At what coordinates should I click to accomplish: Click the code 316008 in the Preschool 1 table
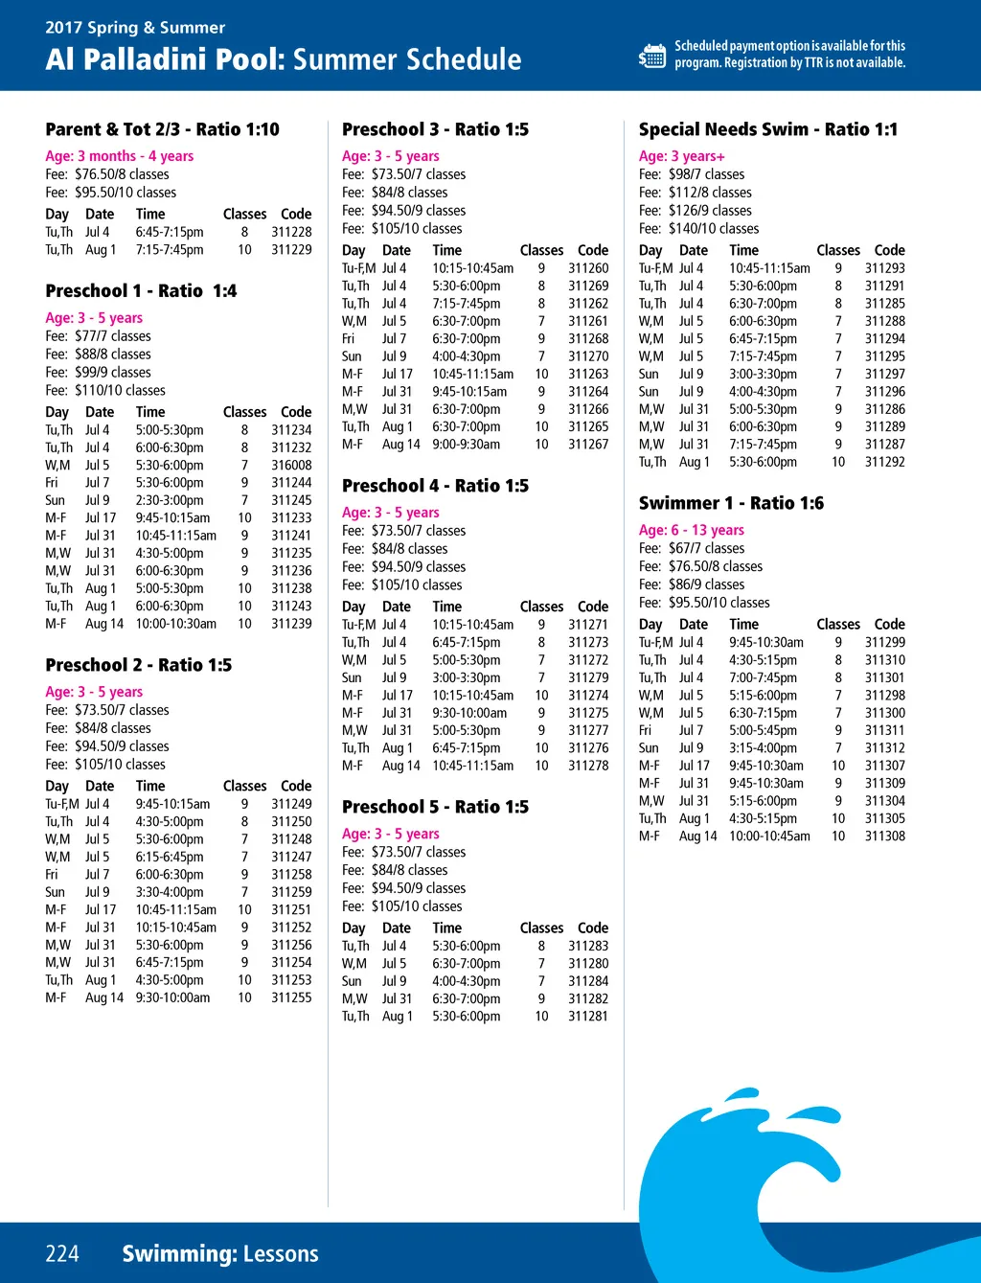[x=291, y=466]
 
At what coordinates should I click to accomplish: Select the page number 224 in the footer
[x=62, y=1253]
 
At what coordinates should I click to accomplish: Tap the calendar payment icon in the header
[x=652, y=56]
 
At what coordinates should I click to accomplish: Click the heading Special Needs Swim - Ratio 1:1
[x=767, y=129]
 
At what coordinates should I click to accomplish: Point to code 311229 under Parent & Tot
[x=291, y=250]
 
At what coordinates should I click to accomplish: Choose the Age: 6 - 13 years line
[x=691, y=530]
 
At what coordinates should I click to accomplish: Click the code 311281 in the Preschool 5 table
[x=587, y=1017]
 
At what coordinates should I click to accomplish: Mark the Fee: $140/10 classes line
[x=698, y=229]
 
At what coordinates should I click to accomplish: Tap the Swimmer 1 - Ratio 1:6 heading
[x=731, y=503]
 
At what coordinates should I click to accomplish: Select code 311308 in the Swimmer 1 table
[x=884, y=836]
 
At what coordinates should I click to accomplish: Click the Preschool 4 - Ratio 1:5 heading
[x=435, y=486]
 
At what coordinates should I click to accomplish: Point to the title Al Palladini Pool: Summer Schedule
[x=284, y=59]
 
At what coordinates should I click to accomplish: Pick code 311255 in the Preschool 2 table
[x=291, y=997]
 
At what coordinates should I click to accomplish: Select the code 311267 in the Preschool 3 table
[x=587, y=445]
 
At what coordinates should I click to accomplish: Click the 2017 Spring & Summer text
[x=135, y=27]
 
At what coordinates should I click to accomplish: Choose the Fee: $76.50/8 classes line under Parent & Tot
[x=107, y=174]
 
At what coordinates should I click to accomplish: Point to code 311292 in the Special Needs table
[x=884, y=462]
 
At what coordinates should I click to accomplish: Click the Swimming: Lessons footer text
[x=219, y=1253]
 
